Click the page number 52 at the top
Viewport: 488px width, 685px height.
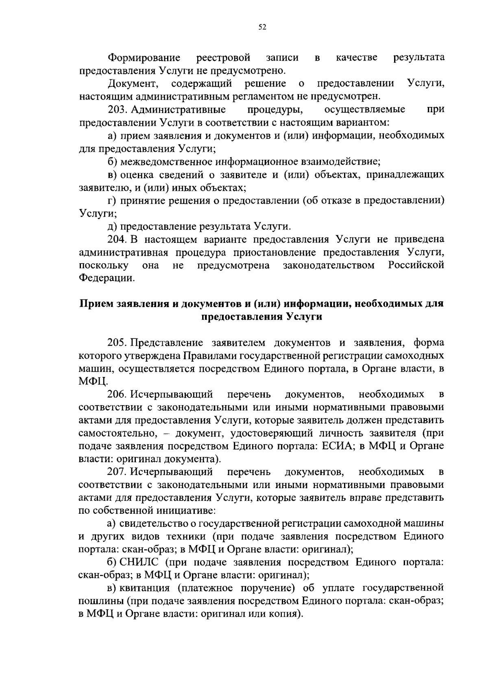pos(262,27)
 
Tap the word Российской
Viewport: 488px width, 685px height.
pos(416,265)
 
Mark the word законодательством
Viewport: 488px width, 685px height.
pos(329,265)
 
